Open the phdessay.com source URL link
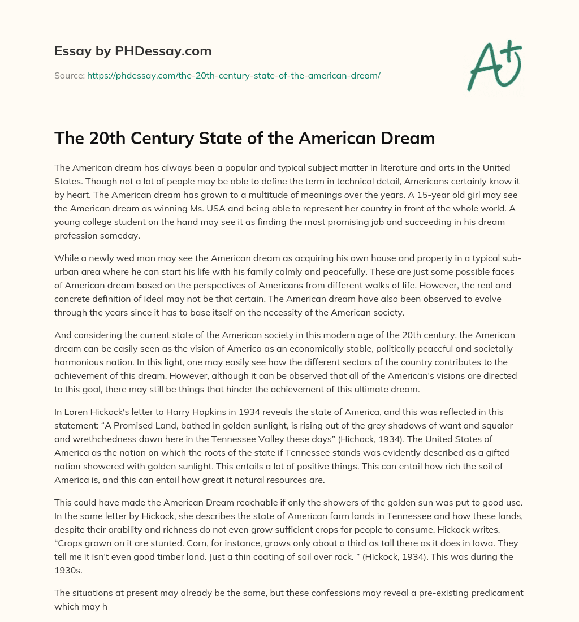pyautogui.click(x=234, y=75)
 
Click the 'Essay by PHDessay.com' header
pyautogui.click(x=133, y=51)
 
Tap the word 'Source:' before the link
pyautogui.click(x=69, y=75)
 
